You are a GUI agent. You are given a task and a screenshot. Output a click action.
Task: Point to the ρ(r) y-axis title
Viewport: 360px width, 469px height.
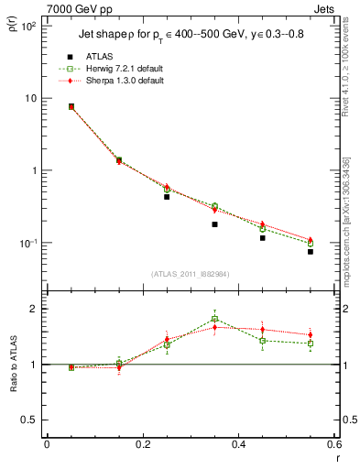(12, 30)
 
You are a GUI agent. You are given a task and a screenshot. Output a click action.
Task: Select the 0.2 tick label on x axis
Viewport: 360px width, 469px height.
(142, 444)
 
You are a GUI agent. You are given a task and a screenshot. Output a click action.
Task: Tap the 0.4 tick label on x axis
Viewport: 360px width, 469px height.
(238, 444)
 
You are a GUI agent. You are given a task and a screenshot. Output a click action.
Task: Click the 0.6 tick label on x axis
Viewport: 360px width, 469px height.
(334, 444)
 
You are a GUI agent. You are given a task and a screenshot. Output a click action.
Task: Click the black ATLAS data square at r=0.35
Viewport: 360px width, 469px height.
(214, 224)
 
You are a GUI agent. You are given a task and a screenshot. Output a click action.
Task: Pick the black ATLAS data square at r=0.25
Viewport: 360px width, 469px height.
(167, 197)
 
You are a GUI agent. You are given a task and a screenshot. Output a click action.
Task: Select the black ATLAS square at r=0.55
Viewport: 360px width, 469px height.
(311, 251)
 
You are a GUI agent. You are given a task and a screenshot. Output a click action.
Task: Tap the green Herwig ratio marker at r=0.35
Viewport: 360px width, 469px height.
(214, 320)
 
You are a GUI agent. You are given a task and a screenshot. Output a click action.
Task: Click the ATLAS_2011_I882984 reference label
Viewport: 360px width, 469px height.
(190, 274)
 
